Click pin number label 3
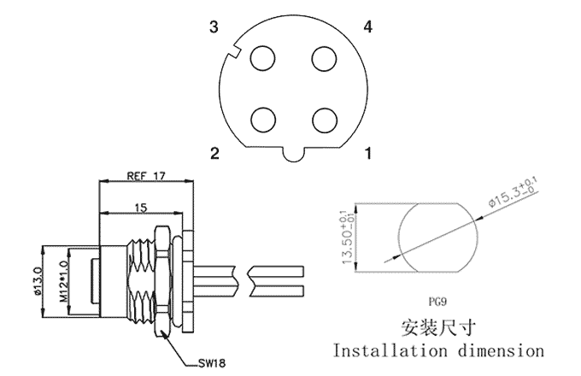[x=214, y=27]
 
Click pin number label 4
[x=368, y=26]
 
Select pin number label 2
[x=215, y=153]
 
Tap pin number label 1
[x=368, y=153]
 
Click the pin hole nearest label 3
[x=262, y=58]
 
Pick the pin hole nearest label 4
[x=324, y=58]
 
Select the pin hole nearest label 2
[x=263, y=120]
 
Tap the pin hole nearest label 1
[x=325, y=120]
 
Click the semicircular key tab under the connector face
[x=294, y=155]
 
